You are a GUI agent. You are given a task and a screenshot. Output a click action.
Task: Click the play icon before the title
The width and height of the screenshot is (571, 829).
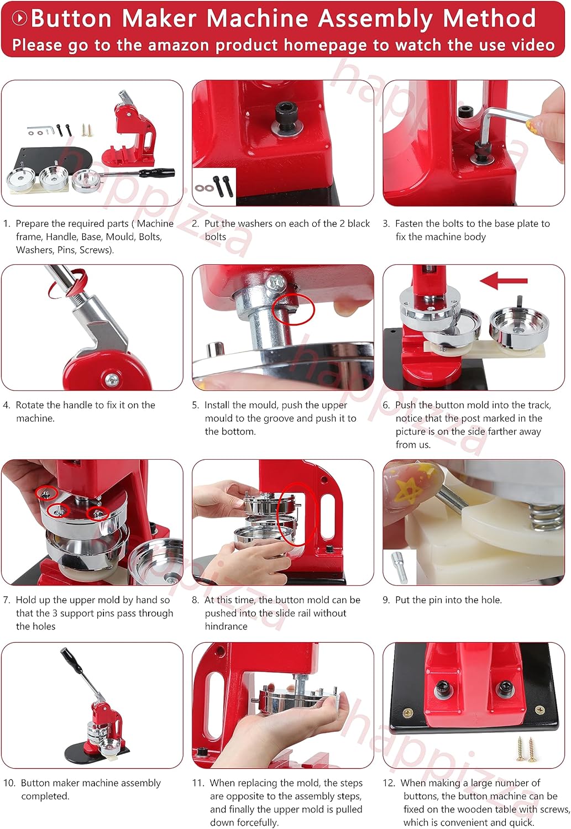[19, 18]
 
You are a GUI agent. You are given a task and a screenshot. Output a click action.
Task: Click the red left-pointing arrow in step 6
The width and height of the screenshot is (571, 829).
[504, 281]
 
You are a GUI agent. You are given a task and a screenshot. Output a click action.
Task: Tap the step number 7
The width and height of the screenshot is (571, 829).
[6, 600]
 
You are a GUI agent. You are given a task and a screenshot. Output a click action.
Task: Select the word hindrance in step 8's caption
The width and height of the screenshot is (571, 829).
[226, 626]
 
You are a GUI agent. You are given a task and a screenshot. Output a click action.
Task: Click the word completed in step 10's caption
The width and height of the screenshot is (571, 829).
[45, 796]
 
